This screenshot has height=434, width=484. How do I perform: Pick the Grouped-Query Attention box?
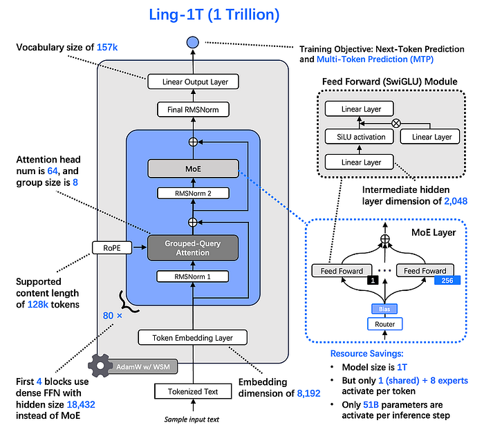pos(192,247)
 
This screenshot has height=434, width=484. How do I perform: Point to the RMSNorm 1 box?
pos(192,276)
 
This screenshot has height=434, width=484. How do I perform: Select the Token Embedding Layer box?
pos(192,338)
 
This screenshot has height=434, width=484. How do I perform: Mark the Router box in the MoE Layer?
pos(385,323)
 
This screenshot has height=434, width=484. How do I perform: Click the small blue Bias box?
pos(385,308)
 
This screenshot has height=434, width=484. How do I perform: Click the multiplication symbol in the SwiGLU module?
pos(396,123)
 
